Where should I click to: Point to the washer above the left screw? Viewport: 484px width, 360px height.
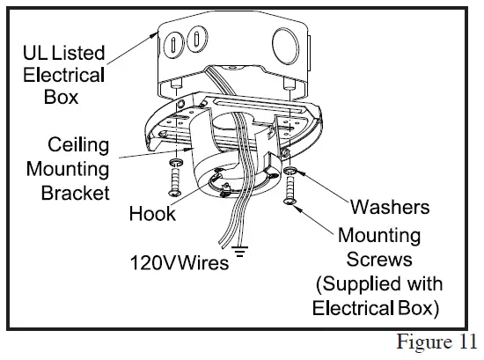[x=176, y=164]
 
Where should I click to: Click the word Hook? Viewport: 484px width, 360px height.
[x=152, y=214]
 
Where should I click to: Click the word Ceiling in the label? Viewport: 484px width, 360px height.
[x=78, y=144]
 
